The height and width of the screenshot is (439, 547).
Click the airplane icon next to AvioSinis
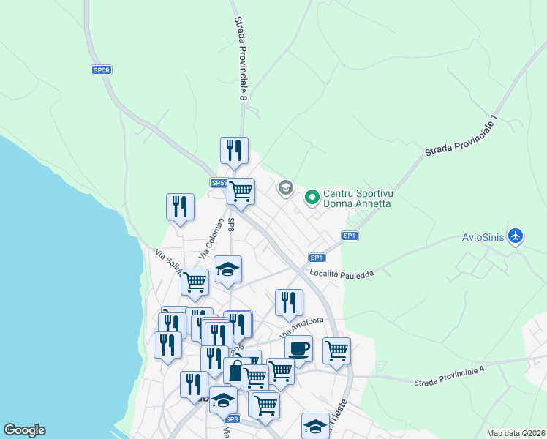coord(516,236)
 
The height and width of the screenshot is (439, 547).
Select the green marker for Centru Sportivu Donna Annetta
coord(312,197)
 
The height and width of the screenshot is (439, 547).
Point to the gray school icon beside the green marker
coord(285,189)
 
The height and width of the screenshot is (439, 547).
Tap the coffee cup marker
coord(298,349)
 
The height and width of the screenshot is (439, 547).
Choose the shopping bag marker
coord(235,371)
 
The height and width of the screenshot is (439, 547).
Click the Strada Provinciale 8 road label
coord(241,59)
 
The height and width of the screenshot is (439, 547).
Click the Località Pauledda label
coord(342,274)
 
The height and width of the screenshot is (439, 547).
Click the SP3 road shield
coord(232,419)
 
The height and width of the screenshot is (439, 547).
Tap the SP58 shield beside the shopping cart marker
coord(218,183)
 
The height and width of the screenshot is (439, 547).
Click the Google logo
coord(24,430)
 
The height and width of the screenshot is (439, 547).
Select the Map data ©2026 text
coord(516,433)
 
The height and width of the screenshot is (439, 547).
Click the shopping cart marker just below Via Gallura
coord(195,282)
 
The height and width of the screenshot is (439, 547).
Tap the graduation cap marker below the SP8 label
coord(227,269)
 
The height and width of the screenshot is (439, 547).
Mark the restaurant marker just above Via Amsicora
coord(289,302)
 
